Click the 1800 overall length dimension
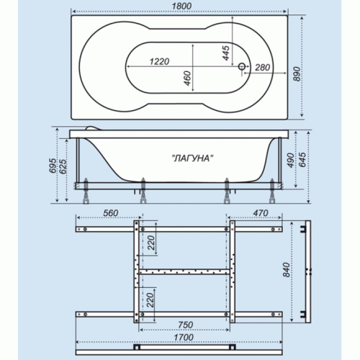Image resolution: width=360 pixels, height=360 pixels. pos(181,6)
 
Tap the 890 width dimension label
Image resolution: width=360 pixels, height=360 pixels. pos(297,74)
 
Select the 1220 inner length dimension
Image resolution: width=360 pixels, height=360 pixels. pos(159,62)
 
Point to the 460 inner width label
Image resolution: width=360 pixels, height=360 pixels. pos(187,78)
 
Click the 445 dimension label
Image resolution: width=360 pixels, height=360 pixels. pos(226,53)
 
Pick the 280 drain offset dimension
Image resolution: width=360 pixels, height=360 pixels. pos(262,68)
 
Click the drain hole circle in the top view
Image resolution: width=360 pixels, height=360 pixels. pos(242,66)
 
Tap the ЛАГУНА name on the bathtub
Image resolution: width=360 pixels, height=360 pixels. pos(193,158)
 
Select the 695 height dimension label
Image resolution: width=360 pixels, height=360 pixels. pos(53,166)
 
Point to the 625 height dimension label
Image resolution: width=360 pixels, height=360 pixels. pos(63,166)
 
